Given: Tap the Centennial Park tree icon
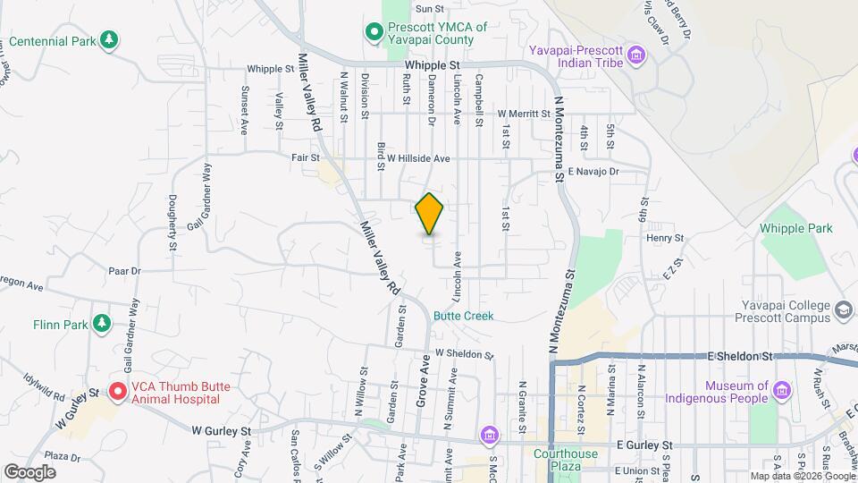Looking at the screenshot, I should click(109, 39).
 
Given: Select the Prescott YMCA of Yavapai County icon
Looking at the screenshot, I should click(374, 34).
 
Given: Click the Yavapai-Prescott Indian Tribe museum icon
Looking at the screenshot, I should click(635, 56).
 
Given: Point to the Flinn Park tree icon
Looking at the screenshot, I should click(102, 323).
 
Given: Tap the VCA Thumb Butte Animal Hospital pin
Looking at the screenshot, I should click(116, 392).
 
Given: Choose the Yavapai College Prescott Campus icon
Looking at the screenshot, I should click(842, 310).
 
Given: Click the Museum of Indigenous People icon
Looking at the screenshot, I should click(782, 392).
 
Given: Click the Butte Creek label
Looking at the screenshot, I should click(463, 316).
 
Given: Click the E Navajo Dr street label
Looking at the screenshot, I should click(593, 170).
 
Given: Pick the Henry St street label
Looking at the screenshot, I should click(665, 238).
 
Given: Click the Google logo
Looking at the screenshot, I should click(29, 471).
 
